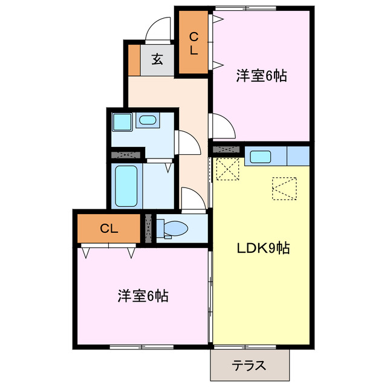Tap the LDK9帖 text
[x=263, y=248]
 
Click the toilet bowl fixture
[x=175, y=229]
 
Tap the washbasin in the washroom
[x=147, y=120]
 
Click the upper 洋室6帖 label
[x=261, y=76]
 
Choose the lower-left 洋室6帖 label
[x=143, y=296]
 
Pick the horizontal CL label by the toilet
[x=109, y=228]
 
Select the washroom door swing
[x=189, y=142]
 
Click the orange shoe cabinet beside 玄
[x=133, y=59]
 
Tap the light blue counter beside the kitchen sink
[x=298, y=155]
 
